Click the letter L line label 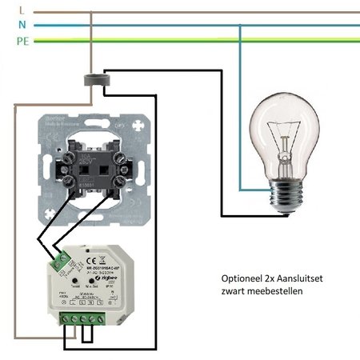pos(9,11)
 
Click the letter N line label pos(9,25)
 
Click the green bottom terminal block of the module pos(82,320)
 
